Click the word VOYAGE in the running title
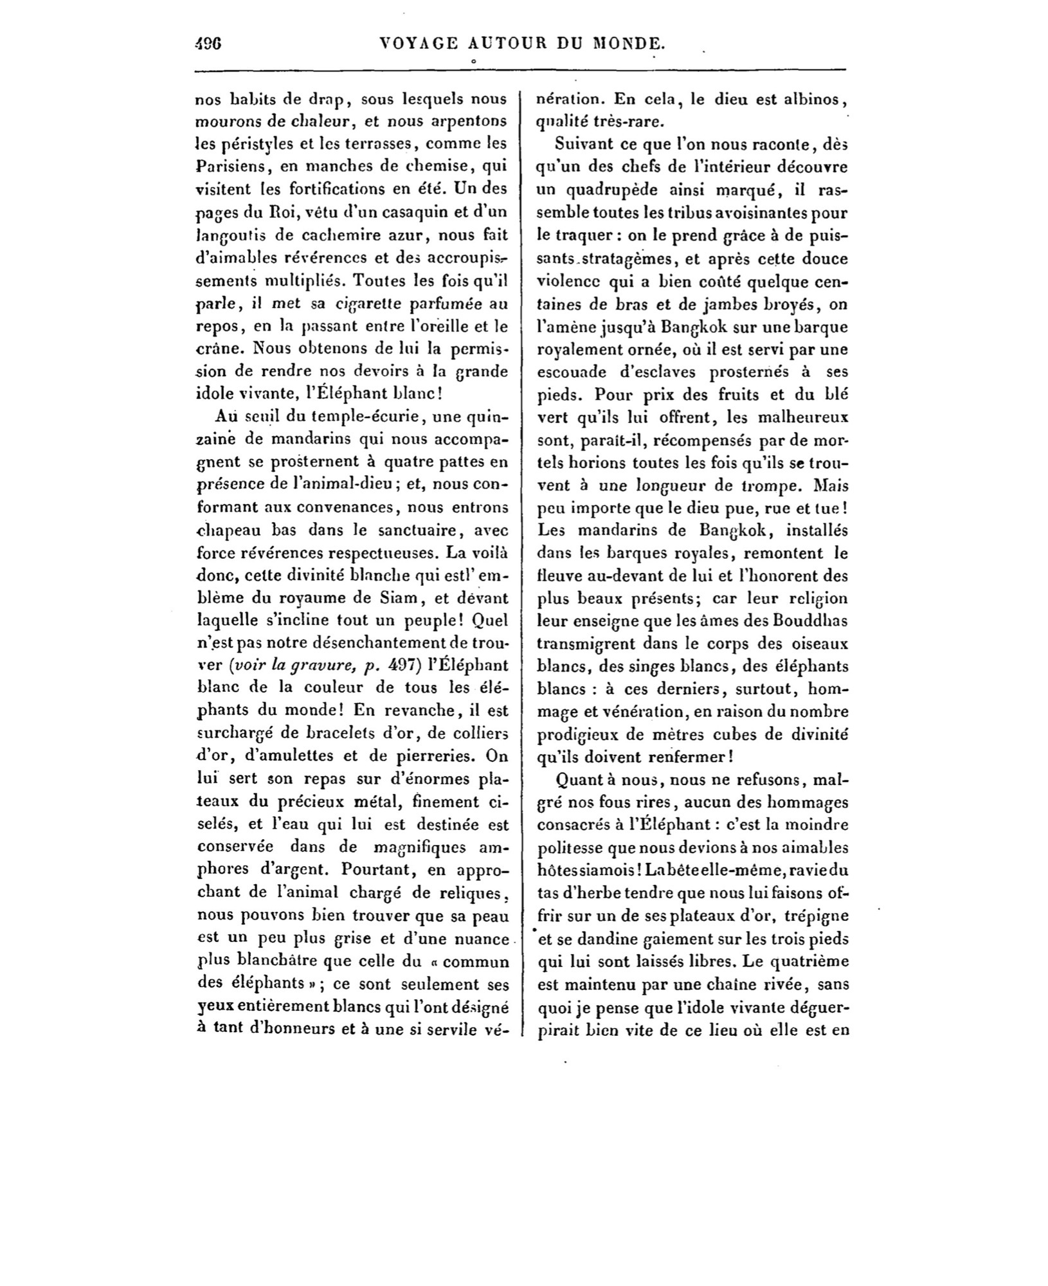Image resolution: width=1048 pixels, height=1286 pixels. pyautogui.click(x=419, y=44)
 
